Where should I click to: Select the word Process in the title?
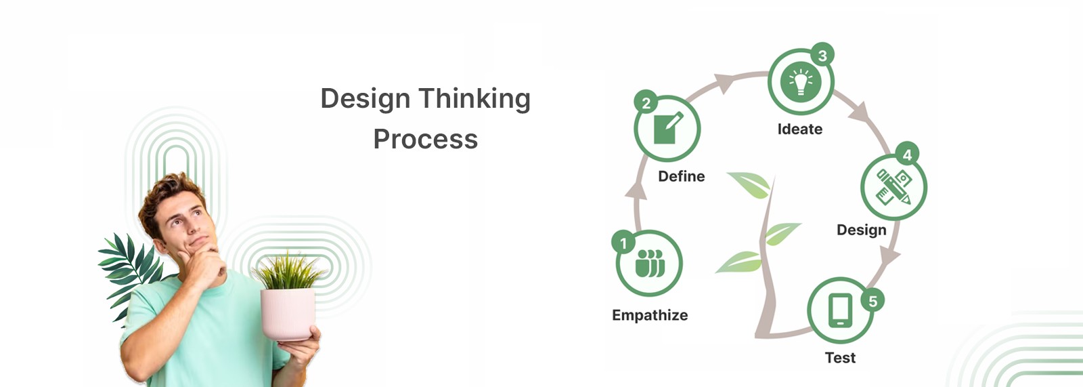pyautogui.click(x=425, y=140)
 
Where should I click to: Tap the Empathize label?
pyautogui.click(x=650, y=315)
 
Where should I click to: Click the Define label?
pyautogui.click(x=681, y=176)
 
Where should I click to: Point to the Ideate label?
pyautogui.click(x=799, y=129)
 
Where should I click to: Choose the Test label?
pyautogui.click(x=840, y=358)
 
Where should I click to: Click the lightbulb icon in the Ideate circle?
pyautogui.click(x=801, y=82)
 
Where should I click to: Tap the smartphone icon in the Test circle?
pyautogui.click(x=840, y=310)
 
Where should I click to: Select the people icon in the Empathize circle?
pyautogui.click(x=650, y=263)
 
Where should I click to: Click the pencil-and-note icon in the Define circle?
pyautogui.click(x=667, y=128)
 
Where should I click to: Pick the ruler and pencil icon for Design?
pyautogui.click(x=893, y=187)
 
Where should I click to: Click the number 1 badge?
pyautogui.click(x=623, y=242)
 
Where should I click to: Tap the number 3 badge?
pyautogui.click(x=822, y=56)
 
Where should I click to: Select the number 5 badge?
pyautogui.click(x=872, y=301)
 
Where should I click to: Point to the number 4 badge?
pyautogui.click(x=907, y=155)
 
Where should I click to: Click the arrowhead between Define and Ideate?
pyautogui.click(x=724, y=83)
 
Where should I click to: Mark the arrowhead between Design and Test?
pyautogui.click(x=889, y=256)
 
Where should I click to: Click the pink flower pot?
pyautogui.click(x=288, y=313)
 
